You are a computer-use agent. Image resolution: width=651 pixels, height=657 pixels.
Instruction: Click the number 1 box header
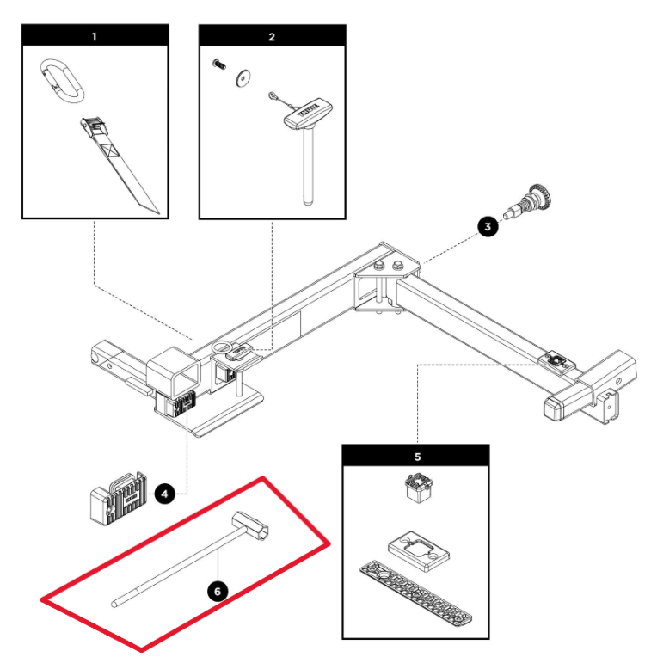pyautogui.click(x=95, y=36)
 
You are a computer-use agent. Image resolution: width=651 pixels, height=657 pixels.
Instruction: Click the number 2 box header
pyautogui.click(x=272, y=36)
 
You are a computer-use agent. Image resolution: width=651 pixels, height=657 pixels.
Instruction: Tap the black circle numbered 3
pyautogui.click(x=488, y=227)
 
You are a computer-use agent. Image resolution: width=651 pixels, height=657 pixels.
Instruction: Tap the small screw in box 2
pyautogui.click(x=218, y=64)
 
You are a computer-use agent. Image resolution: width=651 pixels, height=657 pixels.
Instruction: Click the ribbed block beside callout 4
pyautogui.click(x=119, y=496)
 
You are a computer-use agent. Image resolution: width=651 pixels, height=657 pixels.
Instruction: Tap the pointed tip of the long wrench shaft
pyautogui.click(x=115, y=603)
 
